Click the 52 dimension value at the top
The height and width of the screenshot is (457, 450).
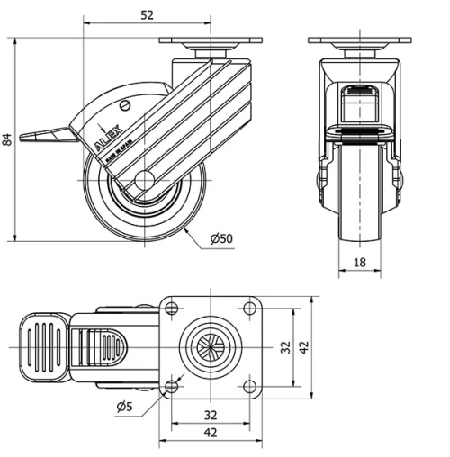pos(148,14)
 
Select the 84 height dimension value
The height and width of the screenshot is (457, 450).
pos(8,139)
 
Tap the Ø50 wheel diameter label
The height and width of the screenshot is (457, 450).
pos(221,238)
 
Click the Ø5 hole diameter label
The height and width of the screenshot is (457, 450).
pos(124,407)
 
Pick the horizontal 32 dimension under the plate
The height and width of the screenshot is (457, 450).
pos(209,415)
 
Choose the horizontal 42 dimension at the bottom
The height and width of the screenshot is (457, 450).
pos(209,434)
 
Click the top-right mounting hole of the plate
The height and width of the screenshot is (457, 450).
pos(249,309)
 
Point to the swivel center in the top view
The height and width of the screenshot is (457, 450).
pos(210,347)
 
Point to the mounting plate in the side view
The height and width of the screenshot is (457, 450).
pos(211,41)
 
